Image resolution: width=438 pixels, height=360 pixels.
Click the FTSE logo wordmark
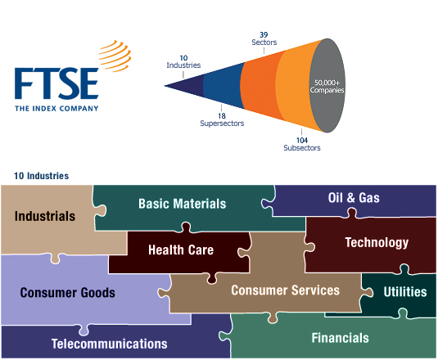[x=56, y=83]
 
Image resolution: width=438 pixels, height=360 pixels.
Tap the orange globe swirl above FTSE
[x=115, y=56]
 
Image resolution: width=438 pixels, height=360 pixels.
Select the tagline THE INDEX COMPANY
[x=56, y=108]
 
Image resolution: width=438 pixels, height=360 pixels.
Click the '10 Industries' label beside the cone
[x=183, y=61]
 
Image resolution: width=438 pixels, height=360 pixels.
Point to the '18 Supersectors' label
[x=222, y=119]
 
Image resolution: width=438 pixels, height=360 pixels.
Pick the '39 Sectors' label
[x=264, y=38]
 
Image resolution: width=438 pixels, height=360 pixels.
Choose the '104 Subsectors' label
[x=302, y=144]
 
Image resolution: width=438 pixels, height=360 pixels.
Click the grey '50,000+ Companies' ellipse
[x=327, y=86]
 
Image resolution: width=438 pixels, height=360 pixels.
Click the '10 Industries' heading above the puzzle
[x=41, y=176]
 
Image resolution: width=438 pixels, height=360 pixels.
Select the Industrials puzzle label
[x=45, y=216]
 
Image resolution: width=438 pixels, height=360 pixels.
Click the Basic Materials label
[x=182, y=204]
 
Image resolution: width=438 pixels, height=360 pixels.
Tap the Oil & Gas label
[x=354, y=198]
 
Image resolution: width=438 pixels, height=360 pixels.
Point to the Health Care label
[x=181, y=250]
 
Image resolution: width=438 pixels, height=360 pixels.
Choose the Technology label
[x=377, y=243]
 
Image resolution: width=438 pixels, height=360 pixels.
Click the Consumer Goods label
[x=68, y=293]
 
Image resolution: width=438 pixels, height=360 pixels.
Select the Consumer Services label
[x=285, y=290]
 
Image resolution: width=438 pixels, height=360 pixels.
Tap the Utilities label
[x=405, y=292]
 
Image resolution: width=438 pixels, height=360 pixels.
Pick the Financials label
[x=341, y=338]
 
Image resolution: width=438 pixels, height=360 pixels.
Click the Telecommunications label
[x=110, y=344]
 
